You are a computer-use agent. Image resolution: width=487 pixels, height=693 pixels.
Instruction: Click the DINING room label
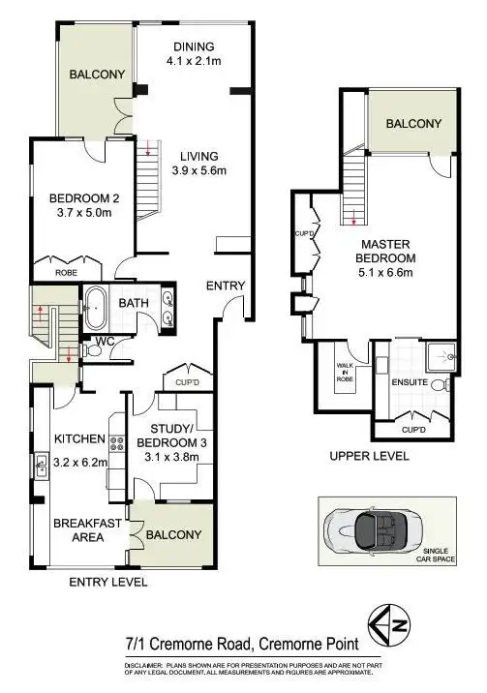193,47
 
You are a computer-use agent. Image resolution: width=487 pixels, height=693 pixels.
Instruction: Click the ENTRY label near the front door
225,286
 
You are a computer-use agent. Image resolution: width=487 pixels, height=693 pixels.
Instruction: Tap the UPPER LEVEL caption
370,455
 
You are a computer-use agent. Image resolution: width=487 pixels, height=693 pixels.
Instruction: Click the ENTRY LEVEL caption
108,583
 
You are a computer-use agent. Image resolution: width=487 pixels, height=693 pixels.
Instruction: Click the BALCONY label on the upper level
413,123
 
